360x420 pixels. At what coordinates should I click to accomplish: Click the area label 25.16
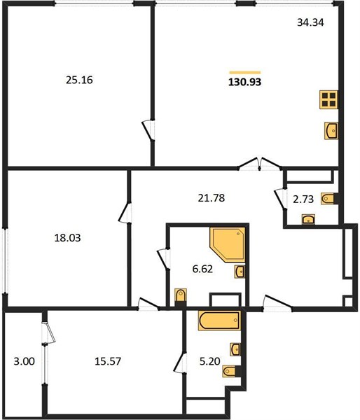(79, 80)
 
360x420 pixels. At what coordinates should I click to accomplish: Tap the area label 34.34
(310, 22)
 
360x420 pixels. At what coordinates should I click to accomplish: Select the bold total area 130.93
(244, 82)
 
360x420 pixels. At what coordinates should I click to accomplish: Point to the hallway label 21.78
(212, 198)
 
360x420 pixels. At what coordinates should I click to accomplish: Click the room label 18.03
(67, 238)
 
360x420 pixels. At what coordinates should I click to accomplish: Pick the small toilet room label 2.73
(303, 199)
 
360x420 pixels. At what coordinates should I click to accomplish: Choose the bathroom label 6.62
(202, 269)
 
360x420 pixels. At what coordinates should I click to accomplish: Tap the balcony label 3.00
(24, 361)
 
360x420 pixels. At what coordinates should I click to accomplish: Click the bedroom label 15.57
(108, 361)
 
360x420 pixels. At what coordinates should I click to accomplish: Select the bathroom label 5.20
(210, 361)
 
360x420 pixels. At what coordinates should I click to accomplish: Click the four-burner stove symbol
(328, 99)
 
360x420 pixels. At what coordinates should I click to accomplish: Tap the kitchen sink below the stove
(331, 131)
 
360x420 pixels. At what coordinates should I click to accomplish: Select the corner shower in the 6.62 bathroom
(228, 245)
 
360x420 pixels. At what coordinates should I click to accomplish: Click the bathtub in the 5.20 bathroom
(219, 321)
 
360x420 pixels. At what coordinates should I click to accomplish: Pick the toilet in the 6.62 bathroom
(181, 297)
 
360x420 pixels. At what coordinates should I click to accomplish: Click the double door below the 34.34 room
(259, 164)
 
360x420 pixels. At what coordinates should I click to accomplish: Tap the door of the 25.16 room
(148, 130)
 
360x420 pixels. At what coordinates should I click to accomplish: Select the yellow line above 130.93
(245, 72)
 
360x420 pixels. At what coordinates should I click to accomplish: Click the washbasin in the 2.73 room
(309, 219)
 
